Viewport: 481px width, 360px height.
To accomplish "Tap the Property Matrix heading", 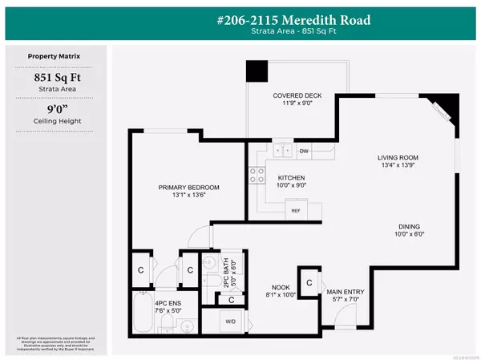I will coord(54,57).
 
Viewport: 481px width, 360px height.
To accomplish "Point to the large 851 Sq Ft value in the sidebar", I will coord(54,79).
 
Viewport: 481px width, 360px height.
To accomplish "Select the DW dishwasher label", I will coord(304,150).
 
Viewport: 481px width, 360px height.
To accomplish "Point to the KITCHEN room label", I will coord(291,177).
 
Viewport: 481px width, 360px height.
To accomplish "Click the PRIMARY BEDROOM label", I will coord(188,188).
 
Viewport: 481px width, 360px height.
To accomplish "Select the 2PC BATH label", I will coord(212,278).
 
